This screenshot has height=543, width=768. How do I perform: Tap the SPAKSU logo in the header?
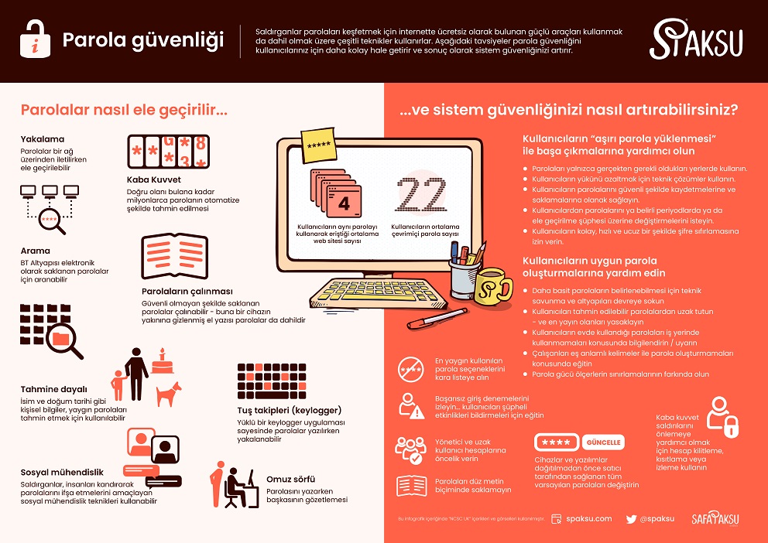click(x=696, y=40)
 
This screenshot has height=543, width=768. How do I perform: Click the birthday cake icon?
click(x=162, y=360)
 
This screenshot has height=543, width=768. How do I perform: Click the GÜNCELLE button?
click(x=603, y=442)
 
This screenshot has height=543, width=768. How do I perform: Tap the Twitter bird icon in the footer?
click(x=631, y=519)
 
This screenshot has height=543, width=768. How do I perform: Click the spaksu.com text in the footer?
click(x=589, y=519)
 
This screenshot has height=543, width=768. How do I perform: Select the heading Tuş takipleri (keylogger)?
click(x=289, y=410)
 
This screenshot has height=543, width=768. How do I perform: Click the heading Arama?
click(x=36, y=251)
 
